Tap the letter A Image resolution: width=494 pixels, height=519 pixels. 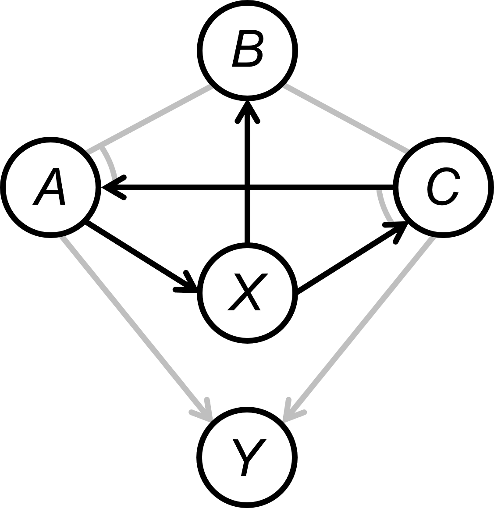tap(49, 187)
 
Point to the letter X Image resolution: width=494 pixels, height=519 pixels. tap(247, 291)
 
